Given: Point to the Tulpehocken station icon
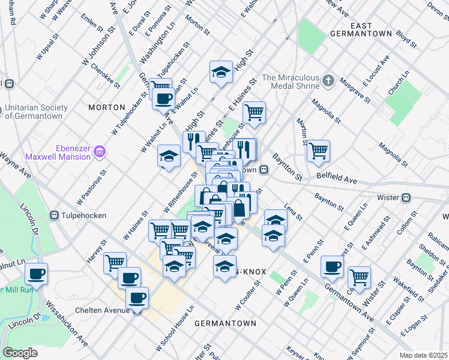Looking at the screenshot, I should [54, 215].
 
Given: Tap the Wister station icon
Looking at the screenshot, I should [406, 197].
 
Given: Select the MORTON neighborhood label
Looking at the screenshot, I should [106, 107].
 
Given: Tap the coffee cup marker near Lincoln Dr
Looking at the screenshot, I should [37, 275].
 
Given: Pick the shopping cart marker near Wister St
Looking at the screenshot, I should [359, 277].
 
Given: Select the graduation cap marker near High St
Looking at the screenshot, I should [221, 73].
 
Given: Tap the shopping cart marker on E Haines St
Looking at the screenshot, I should [255, 112].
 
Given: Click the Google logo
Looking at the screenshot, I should [20, 352].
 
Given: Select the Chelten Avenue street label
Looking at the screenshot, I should [107, 310].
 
